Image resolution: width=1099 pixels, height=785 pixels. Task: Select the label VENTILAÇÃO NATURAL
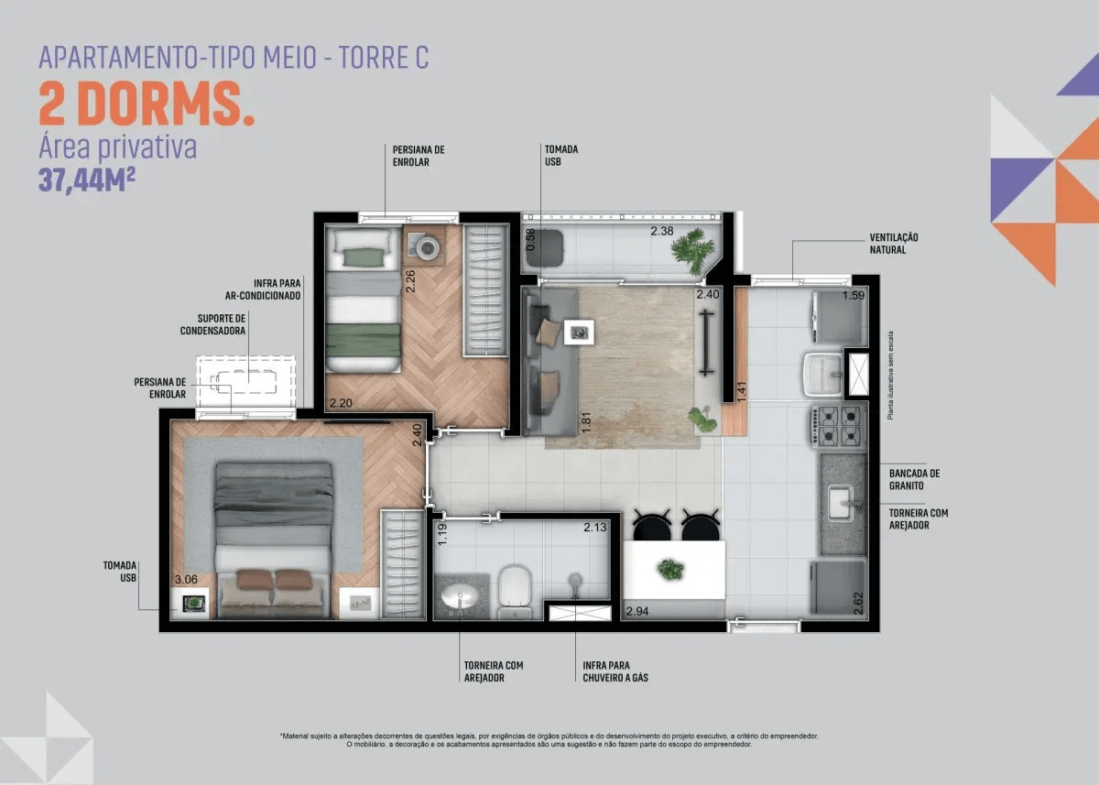pos(894,244)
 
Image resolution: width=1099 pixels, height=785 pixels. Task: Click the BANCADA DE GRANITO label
pos(915,479)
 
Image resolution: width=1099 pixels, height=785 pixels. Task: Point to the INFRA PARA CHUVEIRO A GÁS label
pos(615,671)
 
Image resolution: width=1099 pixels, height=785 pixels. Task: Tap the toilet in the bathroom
pos(515,592)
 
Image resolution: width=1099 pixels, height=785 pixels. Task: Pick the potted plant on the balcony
pos(692,250)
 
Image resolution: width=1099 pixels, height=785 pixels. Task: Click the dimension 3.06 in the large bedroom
pos(187,580)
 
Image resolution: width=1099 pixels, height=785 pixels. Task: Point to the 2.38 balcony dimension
pos(662,231)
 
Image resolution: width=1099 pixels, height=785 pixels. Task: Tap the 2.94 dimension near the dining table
pos(637,611)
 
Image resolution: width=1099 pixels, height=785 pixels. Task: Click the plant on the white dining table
pos(670,569)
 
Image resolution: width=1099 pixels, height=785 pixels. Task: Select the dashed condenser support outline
pos(245,382)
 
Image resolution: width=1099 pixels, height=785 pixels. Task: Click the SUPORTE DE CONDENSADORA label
pos(212,325)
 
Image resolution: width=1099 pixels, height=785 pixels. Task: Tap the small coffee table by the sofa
pos(579,333)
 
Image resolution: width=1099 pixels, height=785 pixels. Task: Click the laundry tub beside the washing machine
pos(823,376)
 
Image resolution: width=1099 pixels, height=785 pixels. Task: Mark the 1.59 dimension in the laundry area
pos(854,295)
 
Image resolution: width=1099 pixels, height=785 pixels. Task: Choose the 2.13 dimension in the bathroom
pos(595,528)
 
